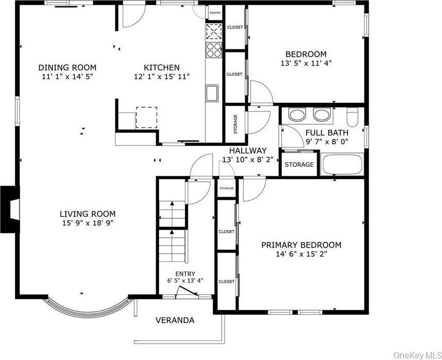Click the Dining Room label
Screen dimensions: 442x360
pyautogui.click(x=67, y=68)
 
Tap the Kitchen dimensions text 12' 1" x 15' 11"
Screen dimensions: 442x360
pyautogui.click(x=162, y=77)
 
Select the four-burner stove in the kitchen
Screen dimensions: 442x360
pyautogui.click(x=214, y=50)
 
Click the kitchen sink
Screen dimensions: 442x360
pyautogui.click(x=212, y=93)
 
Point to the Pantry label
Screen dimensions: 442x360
pyautogui.click(x=215, y=13)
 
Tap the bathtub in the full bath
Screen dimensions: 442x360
pyautogui.click(x=342, y=164)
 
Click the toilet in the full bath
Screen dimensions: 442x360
pyautogui.click(x=352, y=117)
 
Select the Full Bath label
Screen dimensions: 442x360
pyautogui.click(x=327, y=132)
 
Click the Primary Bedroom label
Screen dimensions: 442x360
pyautogui.click(x=301, y=245)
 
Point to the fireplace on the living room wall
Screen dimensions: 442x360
pyautogui.click(x=10, y=209)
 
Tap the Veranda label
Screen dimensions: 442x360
pyautogui.click(x=175, y=320)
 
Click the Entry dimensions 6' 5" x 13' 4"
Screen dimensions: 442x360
pyautogui.click(x=185, y=280)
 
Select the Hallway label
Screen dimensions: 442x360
pyautogui.click(x=248, y=150)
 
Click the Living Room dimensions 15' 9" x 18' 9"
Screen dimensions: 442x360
pyautogui.click(x=88, y=223)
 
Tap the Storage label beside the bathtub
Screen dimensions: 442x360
pyautogui.click(x=299, y=164)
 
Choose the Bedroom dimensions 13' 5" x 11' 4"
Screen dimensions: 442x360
pyautogui.click(x=306, y=63)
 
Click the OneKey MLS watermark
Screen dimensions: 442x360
pyautogui.click(x=417, y=355)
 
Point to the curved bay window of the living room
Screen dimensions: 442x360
pyautogui.click(x=88, y=311)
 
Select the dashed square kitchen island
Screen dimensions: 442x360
pyautogui.click(x=147, y=117)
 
